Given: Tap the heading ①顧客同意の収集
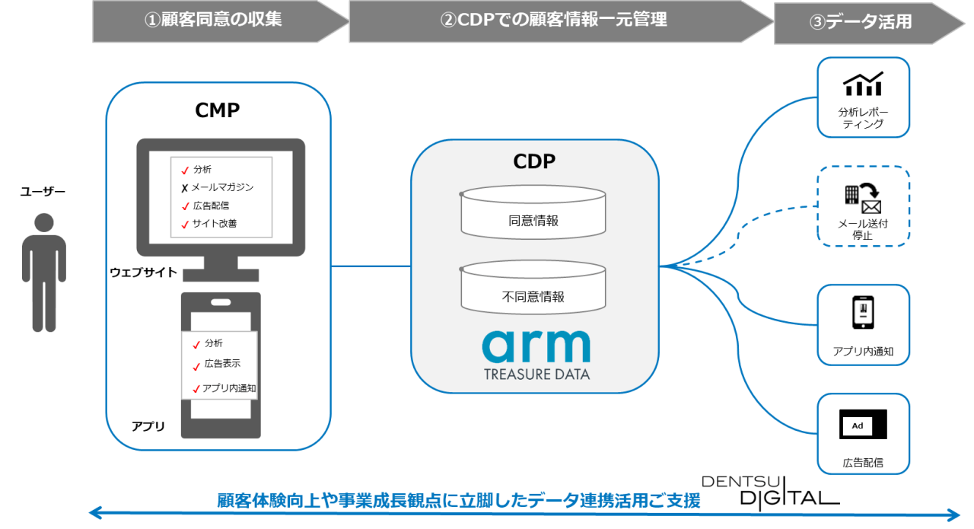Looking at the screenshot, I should (213, 21).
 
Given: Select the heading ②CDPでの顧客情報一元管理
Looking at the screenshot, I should (553, 21).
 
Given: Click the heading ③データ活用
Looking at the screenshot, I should (860, 22).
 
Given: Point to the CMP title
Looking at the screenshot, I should (218, 111).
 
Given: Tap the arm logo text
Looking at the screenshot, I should (536, 346).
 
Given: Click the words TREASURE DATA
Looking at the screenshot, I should (536, 374).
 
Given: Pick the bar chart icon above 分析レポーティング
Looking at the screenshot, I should (863, 84).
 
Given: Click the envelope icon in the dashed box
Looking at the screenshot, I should (871, 206).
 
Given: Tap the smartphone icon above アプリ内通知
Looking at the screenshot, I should (863, 313).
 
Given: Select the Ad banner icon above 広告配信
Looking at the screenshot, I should (863, 425).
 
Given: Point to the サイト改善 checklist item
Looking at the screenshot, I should (215, 224).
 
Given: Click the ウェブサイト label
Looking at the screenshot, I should (143, 272).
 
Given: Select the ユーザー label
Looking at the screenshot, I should (43, 192).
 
